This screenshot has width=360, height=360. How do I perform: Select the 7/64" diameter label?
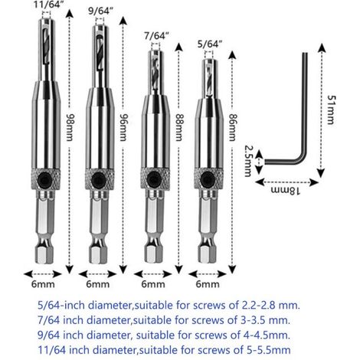[x=156, y=36]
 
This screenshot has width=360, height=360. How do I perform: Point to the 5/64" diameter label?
[x=209, y=44]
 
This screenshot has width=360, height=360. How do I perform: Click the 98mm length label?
[x=70, y=127]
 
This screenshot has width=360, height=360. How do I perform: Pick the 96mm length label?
[x=123, y=127]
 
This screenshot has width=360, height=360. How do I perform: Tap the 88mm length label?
[x=178, y=127]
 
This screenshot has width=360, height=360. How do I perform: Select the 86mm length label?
[x=232, y=127]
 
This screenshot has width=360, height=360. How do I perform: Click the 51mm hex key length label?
[x=332, y=110]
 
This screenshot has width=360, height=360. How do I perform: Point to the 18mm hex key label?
[x=285, y=191]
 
